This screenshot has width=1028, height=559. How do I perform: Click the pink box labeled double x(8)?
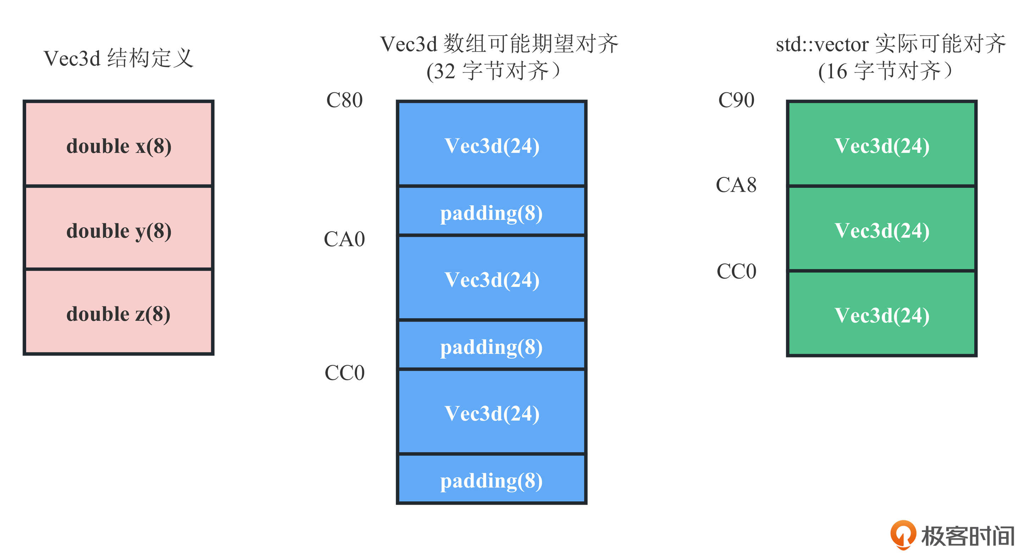(x=118, y=143)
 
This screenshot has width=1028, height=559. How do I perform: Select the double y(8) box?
(x=118, y=228)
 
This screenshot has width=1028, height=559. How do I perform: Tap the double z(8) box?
(x=118, y=312)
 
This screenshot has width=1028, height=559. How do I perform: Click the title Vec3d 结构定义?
(x=118, y=58)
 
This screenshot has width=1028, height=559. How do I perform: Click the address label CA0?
(x=345, y=239)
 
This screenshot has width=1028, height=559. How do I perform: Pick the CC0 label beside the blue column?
(x=345, y=373)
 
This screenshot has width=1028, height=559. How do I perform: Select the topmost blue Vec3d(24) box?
(x=491, y=143)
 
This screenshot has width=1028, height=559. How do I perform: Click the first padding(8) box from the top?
(x=491, y=211)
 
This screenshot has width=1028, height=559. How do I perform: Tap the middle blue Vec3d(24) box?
(x=491, y=278)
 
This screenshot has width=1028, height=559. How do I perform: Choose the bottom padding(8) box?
(x=491, y=479)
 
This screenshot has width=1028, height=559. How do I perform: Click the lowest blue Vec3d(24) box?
(x=491, y=412)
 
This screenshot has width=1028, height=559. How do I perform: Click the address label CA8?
(x=736, y=185)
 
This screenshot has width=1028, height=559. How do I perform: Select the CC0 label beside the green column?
(x=736, y=271)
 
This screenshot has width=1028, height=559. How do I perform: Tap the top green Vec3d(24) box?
(x=882, y=143)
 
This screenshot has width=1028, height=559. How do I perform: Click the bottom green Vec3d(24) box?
(x=882, y=314)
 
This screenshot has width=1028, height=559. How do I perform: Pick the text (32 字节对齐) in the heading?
(x=494, y=71)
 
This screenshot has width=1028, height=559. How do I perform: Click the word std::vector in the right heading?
(x=822, y=44)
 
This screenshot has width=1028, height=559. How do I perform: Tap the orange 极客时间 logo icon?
(x=903, y=535)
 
